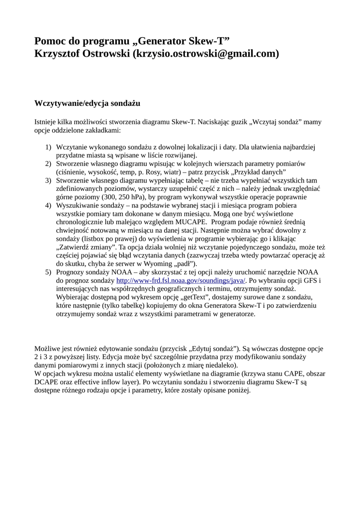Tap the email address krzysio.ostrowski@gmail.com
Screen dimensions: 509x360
[206, 54]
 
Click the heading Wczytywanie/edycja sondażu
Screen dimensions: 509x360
[87, 103]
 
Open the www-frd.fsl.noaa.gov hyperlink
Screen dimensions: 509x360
[180, 280]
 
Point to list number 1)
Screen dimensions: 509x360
[48, 147]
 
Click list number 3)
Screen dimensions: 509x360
[48, 180]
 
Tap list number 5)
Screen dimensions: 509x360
[48, 272]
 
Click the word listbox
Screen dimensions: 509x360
[96, 239]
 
